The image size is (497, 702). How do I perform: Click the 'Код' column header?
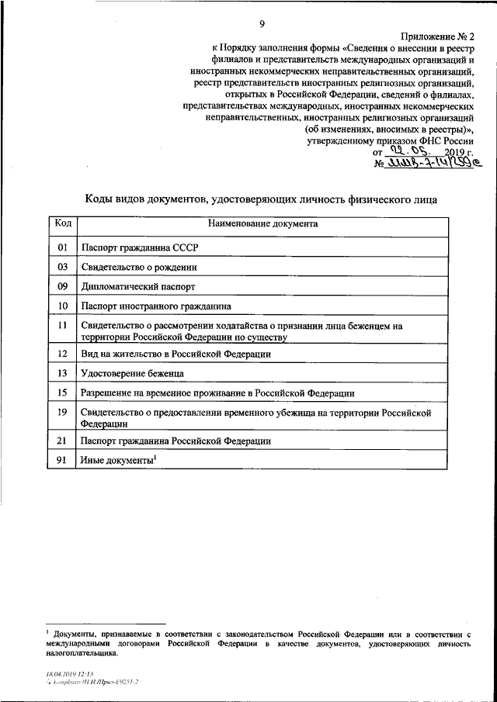(62, 223)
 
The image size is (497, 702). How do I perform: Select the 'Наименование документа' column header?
(262, 223)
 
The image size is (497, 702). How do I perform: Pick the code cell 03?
(62, 267)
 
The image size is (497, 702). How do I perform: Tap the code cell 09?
(62, 286)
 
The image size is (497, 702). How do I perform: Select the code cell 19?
(62, 413)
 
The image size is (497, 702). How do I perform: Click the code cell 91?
(62, 461)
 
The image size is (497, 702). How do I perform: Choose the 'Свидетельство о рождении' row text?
(137, 267)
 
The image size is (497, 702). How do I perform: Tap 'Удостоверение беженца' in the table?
(130, 373)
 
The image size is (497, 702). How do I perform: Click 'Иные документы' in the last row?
(116, 462)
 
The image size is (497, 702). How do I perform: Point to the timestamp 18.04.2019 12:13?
(69, 675)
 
